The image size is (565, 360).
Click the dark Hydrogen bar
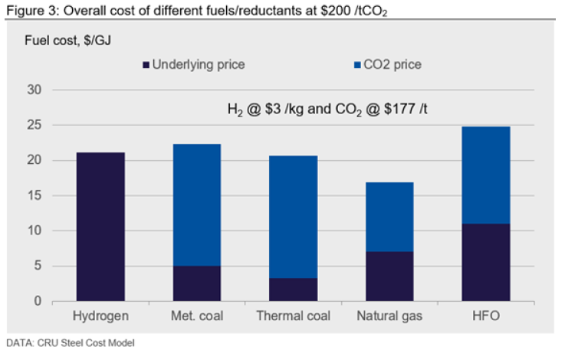point(100,227)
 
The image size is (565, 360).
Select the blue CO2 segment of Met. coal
point(196,205)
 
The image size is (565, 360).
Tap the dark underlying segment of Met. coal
point(196,283)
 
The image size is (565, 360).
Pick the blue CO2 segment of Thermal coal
point(293,217)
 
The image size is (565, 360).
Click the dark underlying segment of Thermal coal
point(293,290)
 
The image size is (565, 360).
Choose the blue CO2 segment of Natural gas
point(389,217)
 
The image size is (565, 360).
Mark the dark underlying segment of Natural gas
point(389,276)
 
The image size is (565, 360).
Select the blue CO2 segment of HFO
point(486,175)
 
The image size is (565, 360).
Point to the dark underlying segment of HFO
point(486,262)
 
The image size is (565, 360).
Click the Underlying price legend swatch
point(146,65)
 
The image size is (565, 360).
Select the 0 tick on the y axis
point(36,301)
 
